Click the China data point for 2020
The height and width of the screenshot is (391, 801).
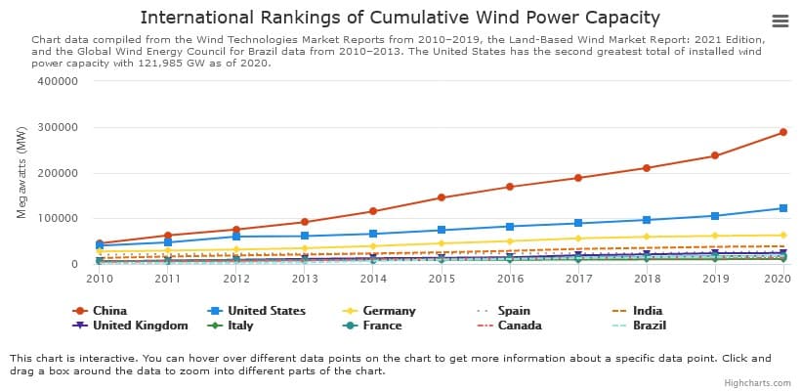click(x=782, y=132)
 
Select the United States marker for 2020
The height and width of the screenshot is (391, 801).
click(x=782, y=208)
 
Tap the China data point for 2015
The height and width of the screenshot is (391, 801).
click(x=441, y=197)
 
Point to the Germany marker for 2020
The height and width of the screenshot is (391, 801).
click(x=782, y=235)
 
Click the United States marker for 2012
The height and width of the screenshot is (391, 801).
click(x=235, y=237)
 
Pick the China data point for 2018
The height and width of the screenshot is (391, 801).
click(x=646, y=168)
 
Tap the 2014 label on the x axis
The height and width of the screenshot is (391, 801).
click(x=372, y=279)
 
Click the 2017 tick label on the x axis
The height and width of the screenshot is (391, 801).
click(x=577, y=279)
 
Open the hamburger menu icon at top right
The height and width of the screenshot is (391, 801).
click(x=780, y=22)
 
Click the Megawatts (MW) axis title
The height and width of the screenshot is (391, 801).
click(x=21, y=173)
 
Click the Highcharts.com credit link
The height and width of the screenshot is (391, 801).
click(x=759, y=383)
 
